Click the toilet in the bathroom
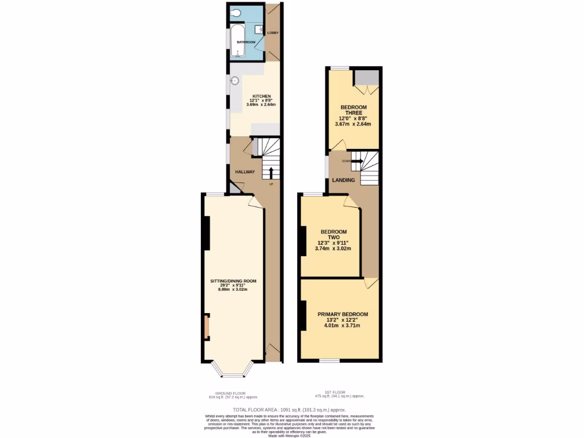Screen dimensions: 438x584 [237, 14]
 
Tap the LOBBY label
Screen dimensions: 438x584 [273, 33]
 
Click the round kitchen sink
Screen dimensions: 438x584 [234, 81]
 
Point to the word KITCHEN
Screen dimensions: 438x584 [254, 96]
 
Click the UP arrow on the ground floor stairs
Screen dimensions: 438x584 [271, 173]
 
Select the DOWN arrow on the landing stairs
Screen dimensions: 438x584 [358, 161]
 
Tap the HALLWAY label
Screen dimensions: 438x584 [245, 172]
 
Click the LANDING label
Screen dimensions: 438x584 [344, 180]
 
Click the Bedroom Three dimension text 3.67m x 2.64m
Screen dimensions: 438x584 [352, 124]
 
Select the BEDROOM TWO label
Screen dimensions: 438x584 [334, 234]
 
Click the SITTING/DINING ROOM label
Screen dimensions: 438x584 [233, 281]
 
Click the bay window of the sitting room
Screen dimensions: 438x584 [232, 374]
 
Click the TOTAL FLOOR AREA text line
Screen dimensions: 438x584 [289, 410]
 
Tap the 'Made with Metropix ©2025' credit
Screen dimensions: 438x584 [291, 435]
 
